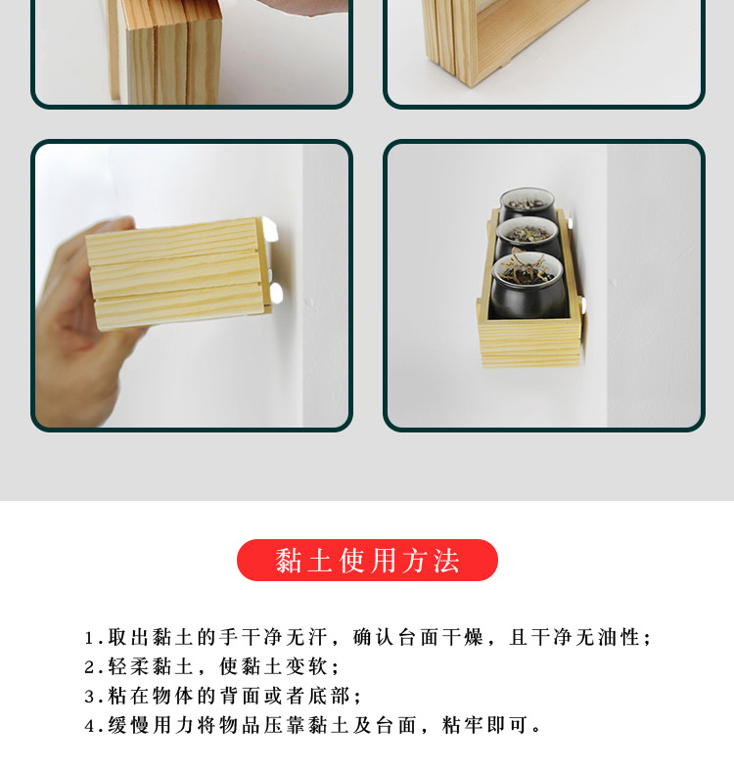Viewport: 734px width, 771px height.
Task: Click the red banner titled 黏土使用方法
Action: point(367,560)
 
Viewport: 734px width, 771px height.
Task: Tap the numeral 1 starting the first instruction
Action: point(89,638)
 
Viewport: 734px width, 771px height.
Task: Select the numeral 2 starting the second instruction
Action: point(89,667)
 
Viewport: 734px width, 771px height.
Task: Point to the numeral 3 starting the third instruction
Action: point(89,697)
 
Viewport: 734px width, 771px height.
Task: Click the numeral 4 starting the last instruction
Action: point(89,725)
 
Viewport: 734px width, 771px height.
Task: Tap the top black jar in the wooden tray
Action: point(527,204)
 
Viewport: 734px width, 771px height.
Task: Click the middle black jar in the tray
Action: point(527,236)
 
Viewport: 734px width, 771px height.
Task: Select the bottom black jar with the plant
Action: point(528,285)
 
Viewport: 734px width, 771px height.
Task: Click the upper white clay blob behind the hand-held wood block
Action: point(270,229)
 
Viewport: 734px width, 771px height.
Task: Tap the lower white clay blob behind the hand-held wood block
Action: point(276,293)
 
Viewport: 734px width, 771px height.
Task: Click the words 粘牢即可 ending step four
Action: point(484,725)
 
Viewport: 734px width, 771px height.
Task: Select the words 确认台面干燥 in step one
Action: point(418,638)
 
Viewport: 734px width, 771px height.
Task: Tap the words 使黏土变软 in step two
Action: point(273,666)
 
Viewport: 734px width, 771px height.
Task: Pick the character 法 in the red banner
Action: point(446,561)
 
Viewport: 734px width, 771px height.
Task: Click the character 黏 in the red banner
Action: point(289,561)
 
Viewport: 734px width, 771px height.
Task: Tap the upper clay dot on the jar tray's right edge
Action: point(571,223)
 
